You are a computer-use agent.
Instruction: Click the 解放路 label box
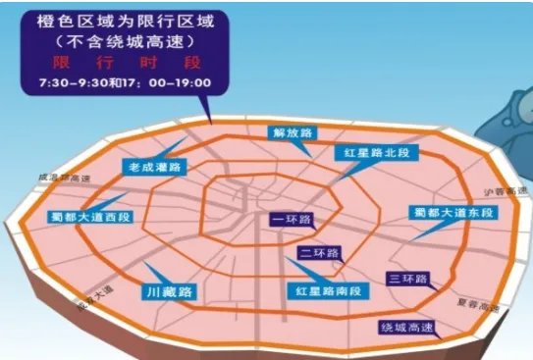tap(292, 132)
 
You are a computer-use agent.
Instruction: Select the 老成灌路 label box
tap(153, 168)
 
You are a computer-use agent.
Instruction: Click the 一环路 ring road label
tap(289, 221)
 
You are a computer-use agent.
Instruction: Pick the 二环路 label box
tap(319, 253)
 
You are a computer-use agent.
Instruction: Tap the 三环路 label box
tap(406, 280)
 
